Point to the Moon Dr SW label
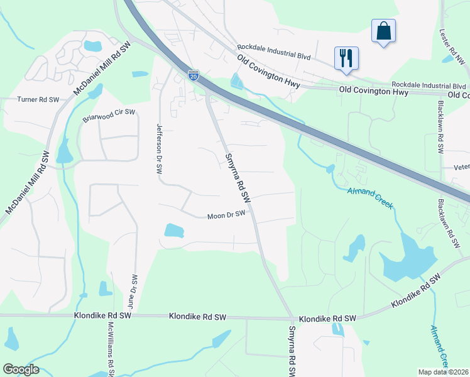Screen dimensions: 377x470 [x=226, y=216]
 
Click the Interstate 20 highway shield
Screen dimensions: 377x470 [x=194, y=75]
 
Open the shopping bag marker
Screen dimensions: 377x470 [x=383, y=31]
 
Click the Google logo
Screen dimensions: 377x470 [x=21, y=369]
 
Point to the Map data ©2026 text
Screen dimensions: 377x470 [x=444, y=372]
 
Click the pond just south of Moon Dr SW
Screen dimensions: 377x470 [x=174, y=231]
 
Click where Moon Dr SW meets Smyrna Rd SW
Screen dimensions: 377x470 [x=253, y=212]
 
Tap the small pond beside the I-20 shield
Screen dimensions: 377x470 [x=237, y=81]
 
